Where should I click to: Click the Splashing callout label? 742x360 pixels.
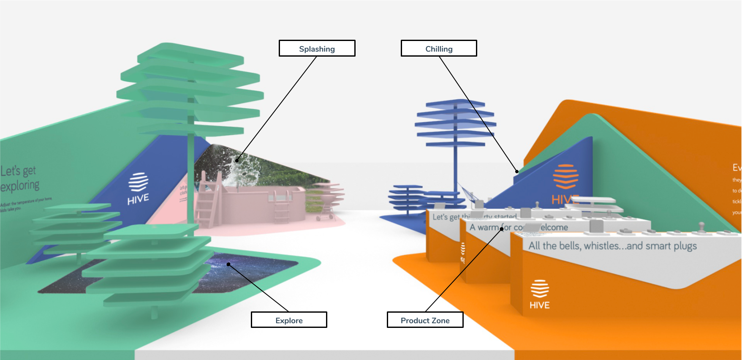(317, 49)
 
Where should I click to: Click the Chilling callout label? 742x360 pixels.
(439, 49)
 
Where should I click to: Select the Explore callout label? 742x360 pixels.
(289, 320)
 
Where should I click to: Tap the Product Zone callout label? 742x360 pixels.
(425, 320)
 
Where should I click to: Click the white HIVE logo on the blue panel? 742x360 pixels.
(138, 188)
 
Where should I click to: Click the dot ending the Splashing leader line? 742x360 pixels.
(237, 161)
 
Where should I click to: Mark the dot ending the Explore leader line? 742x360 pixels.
(228, 265)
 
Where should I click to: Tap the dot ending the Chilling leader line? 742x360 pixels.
(517, 172)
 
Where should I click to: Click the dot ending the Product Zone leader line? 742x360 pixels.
(502, 229)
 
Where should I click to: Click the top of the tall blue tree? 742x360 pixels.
(455, 104)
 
